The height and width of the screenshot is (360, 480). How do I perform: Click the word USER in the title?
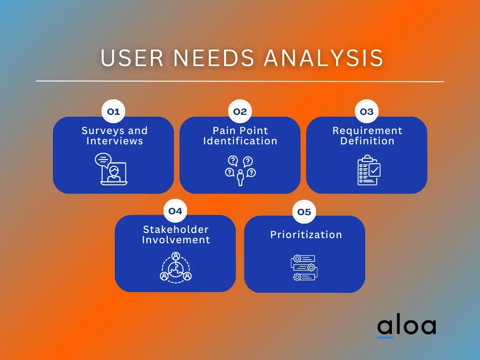[132, 58]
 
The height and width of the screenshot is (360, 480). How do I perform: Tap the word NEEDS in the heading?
[214, 58]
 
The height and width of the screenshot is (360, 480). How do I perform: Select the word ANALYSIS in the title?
[323, 58]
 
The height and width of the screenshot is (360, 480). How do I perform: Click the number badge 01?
[113, 112]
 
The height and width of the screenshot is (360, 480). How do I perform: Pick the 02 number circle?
[240, 112]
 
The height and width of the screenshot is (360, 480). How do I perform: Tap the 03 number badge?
[367, 112]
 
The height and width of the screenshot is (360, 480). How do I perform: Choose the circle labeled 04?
[175, 211]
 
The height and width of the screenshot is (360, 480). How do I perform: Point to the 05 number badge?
[304, 212]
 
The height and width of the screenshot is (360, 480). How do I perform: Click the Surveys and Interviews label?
[114, 135]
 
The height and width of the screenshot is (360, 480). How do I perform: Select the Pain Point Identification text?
[240, 135]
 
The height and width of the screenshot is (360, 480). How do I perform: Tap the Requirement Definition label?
[367, 135]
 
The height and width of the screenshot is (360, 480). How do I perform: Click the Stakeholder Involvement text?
[176, 234]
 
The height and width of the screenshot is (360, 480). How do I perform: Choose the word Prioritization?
[306, 235]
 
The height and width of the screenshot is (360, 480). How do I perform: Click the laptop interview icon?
[111, 169]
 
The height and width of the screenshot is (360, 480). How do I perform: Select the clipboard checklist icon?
[369, 170]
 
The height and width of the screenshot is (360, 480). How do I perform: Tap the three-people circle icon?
[176, 267]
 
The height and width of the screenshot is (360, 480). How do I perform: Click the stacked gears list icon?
[304, 268]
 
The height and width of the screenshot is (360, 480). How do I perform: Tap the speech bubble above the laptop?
[103, 160]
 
